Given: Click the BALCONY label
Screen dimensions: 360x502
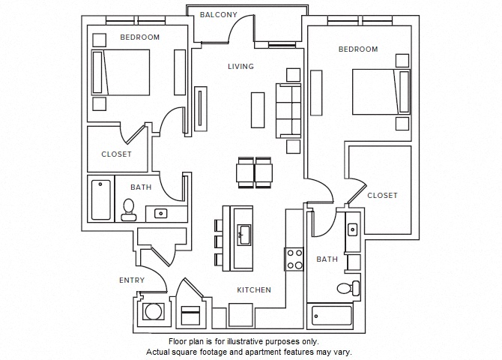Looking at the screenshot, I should [x=219, y=15].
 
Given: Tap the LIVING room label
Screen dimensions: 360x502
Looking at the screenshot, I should [x=241, y=67].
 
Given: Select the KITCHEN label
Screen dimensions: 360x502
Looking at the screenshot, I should [x=254, y=289].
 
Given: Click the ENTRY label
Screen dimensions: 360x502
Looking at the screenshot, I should [x=132, y=280].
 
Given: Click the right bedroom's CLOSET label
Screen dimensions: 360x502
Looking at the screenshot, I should [x=382, y=196].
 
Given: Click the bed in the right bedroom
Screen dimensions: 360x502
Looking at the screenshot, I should [x=381, y=92].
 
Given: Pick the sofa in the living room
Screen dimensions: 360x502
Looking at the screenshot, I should [x=288, y=111].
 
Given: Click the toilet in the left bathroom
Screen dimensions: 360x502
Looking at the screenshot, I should [x=127, y=208].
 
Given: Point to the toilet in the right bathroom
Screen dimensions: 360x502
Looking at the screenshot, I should [x=347, y=288].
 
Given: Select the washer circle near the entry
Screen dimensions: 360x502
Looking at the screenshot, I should [x=154, y=311].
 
